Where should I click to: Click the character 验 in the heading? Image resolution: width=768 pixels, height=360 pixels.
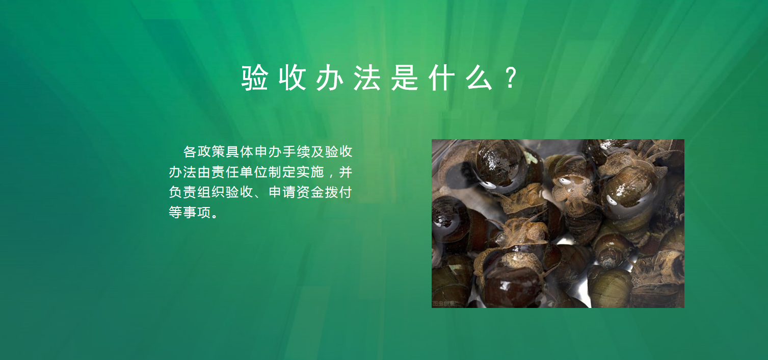(x=254, y=78)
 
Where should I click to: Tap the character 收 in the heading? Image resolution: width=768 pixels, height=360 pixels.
(x=292, y=78)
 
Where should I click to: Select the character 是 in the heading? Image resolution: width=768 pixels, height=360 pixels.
(x=405, y=78)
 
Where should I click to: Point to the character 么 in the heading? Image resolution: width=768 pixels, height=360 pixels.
(x=480, y=78)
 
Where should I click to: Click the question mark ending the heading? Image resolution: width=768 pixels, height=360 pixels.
(x=511, y=78)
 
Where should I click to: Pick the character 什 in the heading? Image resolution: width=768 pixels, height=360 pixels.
(x=442, y=78)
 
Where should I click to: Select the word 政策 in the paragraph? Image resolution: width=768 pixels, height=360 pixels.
(x=211, y=151)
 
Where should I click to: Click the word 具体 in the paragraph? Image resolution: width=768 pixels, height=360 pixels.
(x=240, y=151)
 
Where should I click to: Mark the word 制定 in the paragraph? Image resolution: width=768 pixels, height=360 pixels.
(x=282, y=172)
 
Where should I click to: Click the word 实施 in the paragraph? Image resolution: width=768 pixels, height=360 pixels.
(x=310, y=172)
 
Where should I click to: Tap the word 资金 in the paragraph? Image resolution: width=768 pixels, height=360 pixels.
(x=310, y=192)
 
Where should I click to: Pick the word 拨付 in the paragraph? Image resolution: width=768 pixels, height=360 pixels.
(x=339, y=192)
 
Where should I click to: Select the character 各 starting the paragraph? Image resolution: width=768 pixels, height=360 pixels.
(x=190, y=151)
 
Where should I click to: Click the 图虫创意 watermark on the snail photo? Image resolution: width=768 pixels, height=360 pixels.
(x=443, y=304)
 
